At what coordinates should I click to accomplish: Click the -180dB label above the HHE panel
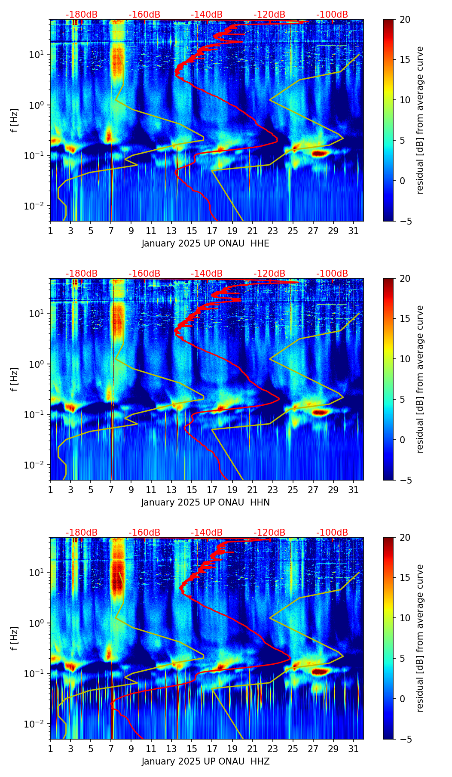click(82, 15)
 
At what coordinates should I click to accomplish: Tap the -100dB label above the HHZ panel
click(332, 533)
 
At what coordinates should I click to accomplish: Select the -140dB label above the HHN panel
click(207, 274)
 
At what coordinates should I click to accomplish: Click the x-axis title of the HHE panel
click(205, 244)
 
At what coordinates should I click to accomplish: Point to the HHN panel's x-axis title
click(205, 503)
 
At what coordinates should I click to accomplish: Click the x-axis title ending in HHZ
click(205, 762)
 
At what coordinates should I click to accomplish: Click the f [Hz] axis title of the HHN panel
click(15, 379)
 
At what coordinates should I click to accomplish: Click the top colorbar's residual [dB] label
click(420, 120)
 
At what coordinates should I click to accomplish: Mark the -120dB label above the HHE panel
click(269, 15)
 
